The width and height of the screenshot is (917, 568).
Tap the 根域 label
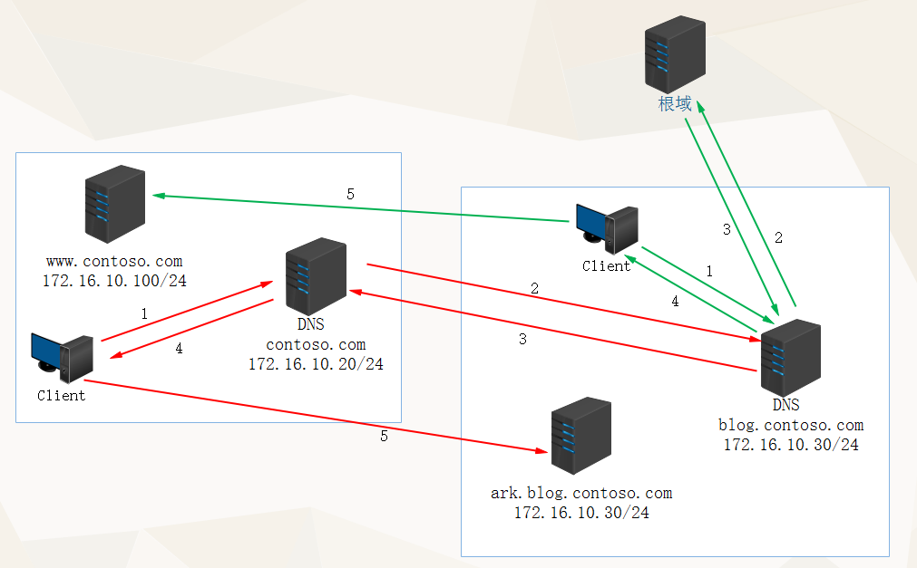click(x=675, y=104)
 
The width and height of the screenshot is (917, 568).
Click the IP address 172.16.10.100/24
click(x=114, y=281)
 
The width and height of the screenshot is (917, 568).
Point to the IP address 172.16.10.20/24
click(x=316, y=364)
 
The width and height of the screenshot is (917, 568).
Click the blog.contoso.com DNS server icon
click(x=790, y=356)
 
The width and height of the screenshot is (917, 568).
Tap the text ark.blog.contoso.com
click(x=581, y=494)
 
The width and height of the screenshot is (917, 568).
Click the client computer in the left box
click(x=62, y=359)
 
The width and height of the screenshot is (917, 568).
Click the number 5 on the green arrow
click(x=351, y=194)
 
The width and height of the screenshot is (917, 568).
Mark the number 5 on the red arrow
click(x=384, y=436)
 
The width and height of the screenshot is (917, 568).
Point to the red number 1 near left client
click(x=144, y=313)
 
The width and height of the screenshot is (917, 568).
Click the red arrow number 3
click(x=522, y=340)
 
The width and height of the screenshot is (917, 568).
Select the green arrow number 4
click(x=675, y=303)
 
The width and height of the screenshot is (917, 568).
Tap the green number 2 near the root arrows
click(x=778, y=238)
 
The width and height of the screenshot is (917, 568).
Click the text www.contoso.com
click(x=114, y=262)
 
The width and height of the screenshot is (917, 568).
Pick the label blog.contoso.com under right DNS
click(x=791, y=425)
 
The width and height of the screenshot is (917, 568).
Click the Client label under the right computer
click(x=606, y=266)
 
